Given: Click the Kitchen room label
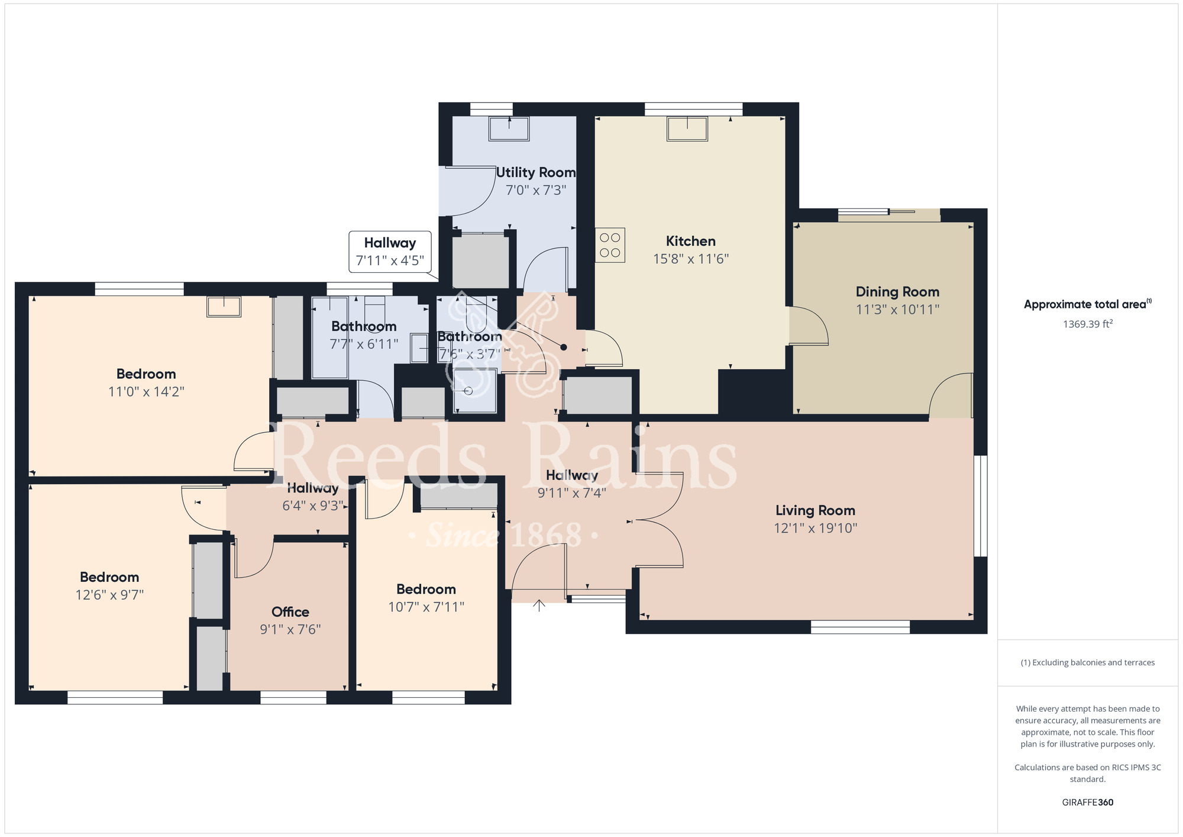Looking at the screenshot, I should point(690,241).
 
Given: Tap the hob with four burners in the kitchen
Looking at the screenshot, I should point(610,245).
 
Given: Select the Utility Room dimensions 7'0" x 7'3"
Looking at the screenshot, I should point(536,190).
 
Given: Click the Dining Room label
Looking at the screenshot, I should point(897,292).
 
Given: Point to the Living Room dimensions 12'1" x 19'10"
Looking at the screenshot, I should point(815,528).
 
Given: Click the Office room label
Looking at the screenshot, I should point(290,611).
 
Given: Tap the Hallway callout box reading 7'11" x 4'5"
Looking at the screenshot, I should point(390,252).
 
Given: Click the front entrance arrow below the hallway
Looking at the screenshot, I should point(539,606).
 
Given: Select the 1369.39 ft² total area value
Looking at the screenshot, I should point(1087,324).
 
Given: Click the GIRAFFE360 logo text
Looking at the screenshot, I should point(1087,803).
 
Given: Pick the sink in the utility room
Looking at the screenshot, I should point(509,128).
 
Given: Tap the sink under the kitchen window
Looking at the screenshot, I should point(687,128).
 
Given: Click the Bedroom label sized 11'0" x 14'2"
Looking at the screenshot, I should point(146,374).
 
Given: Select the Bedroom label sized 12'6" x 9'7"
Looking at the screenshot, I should point(109,577).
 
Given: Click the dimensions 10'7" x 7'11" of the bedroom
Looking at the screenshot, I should point(426,607).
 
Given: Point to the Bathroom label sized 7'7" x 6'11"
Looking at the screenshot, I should point(364,327).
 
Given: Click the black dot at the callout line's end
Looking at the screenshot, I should point(563,347).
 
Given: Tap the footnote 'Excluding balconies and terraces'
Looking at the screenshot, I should point(1087,662).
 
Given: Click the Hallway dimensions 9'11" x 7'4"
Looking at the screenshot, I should point(571,492).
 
